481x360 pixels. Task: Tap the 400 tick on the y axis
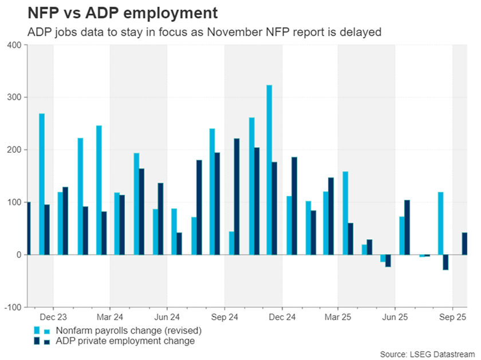point(13,45)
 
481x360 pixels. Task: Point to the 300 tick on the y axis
point(13,97)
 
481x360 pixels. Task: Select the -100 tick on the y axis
point(11,307)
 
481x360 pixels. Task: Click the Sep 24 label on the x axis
point(224,317)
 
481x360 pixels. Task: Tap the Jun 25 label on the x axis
point(395,317)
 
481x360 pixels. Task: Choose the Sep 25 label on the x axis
point(452,317)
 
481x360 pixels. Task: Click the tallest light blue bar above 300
point(269,170)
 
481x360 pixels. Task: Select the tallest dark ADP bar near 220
point(236,196)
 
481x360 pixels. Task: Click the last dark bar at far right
point(464,243)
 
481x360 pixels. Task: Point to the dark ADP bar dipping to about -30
point(445,262)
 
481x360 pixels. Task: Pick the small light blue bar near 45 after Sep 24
point(231,243)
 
